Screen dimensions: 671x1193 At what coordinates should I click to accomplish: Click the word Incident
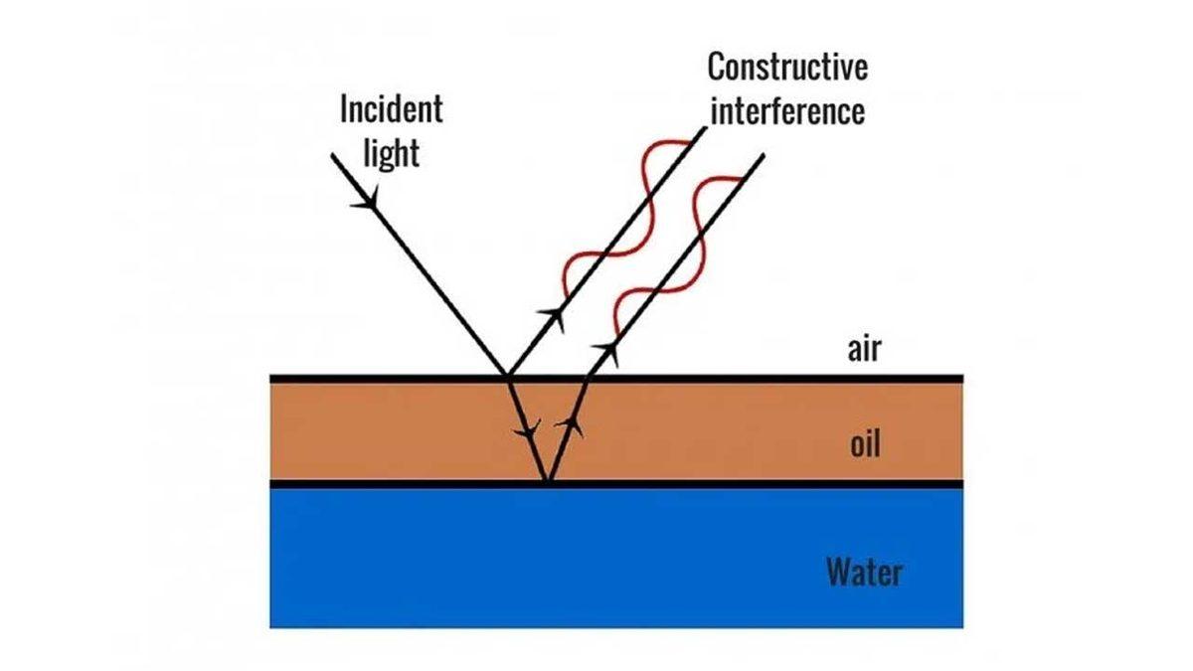(x=391, y=110)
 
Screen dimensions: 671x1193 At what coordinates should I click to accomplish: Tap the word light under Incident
(x=391, y=154)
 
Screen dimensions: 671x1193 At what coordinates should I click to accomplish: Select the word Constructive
(x=787, y=68)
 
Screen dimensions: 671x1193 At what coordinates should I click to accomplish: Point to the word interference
(x=787, y=111)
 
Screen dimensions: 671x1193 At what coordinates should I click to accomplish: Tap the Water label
(x=864, y=572)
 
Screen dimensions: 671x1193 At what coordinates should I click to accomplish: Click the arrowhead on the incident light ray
(x=369, y=200)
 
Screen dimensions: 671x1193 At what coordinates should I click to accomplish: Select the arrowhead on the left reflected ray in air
(x=551, y=319)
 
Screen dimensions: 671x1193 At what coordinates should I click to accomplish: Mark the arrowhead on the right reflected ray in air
(x=604, y=350)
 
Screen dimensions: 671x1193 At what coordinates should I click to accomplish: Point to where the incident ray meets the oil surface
(x=508, y=379)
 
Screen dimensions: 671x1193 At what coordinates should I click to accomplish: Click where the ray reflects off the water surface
(x=546, y=483)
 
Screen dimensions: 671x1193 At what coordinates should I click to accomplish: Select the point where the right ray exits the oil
(x=584, y=379)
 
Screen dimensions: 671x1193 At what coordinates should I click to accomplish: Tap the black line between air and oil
(x=746, y=379)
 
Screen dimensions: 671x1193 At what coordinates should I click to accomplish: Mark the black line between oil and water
(x=746, y=484)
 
